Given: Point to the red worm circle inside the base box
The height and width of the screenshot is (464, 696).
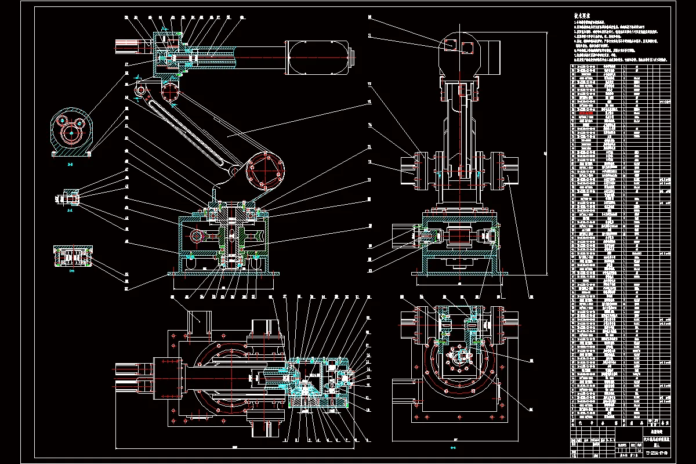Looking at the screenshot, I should pos(197,237).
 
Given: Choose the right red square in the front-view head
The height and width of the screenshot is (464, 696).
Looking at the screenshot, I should pos(467,45).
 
